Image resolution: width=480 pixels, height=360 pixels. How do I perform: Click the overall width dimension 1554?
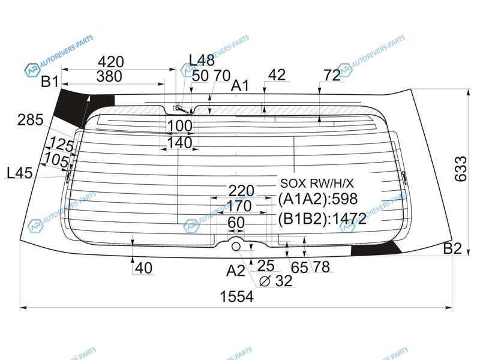[x=237, y=296]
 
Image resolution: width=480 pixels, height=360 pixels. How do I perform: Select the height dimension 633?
[x=461, y=169]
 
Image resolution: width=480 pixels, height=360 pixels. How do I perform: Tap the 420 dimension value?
[x=111, y=62]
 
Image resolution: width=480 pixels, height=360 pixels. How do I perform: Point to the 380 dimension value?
[x=109, y=76]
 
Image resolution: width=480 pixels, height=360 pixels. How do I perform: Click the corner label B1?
[x=50, y=82]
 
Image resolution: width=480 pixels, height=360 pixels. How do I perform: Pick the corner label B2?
[x=452, y=248]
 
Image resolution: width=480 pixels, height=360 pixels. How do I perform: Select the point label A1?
[x=240, y=85]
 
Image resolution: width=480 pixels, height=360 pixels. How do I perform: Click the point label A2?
[x=236, y=271]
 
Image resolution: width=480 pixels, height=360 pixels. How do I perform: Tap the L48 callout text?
[x=202, y=60]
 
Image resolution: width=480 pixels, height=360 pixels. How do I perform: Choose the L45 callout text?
[x=20, y=173]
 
